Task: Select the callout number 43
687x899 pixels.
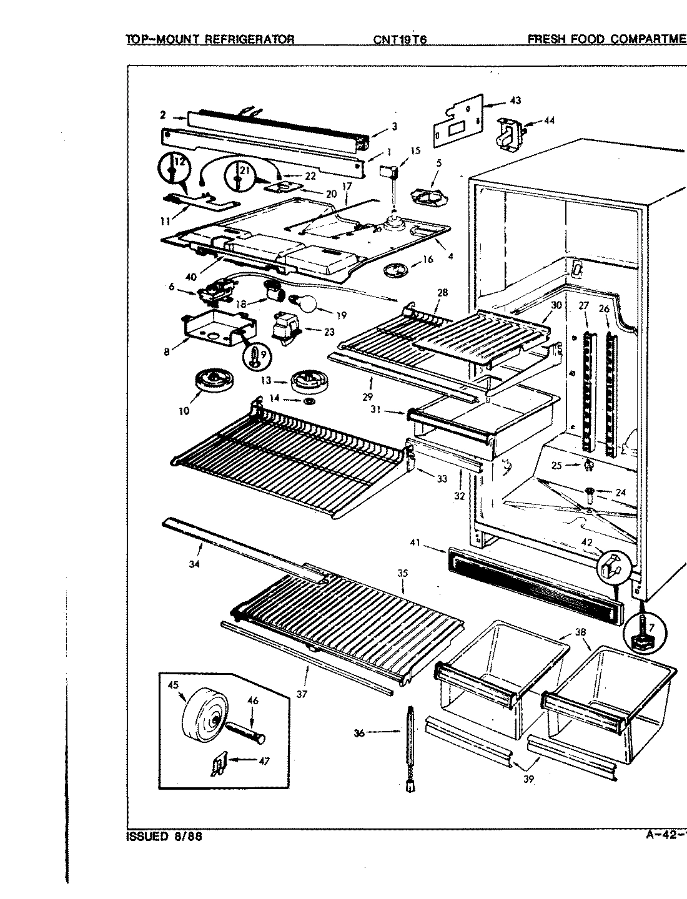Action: click(x=515, y=101)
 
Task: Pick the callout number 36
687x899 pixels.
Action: click(x=359, y=734)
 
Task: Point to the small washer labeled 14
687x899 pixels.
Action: click(x=309, y=400)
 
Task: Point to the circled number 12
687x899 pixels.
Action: click(x=179, y=162)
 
